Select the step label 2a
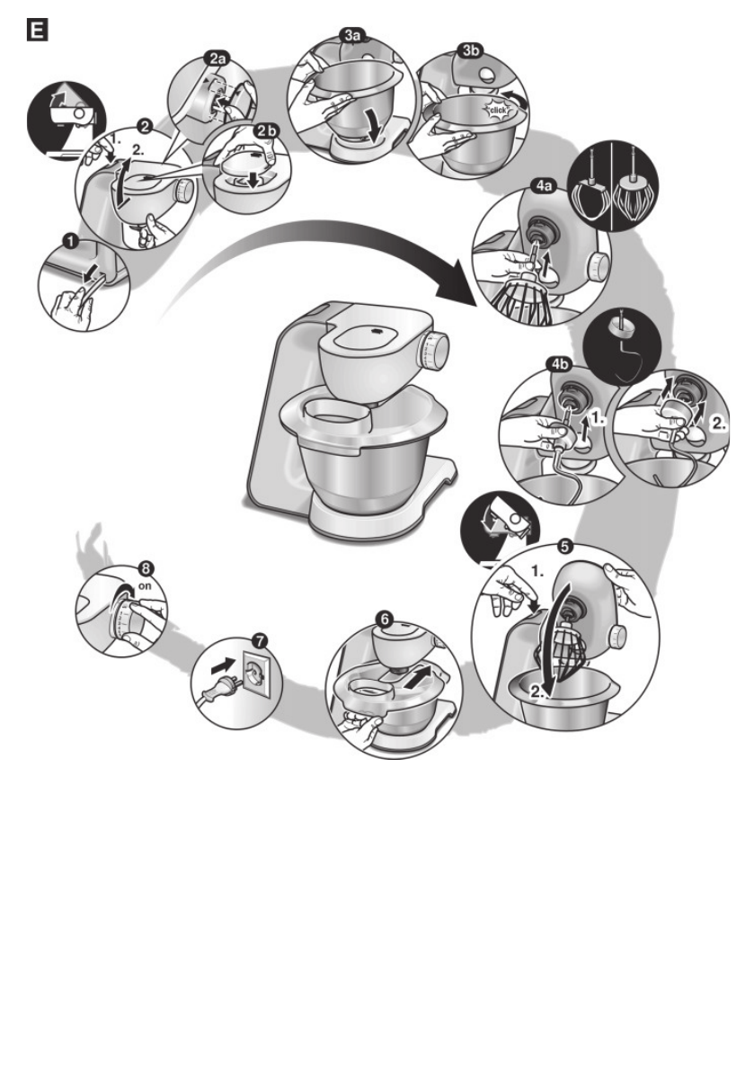point(218,59)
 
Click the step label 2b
point(266,131)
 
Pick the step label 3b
point(468,50)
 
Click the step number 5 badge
point(563,545)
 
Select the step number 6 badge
point(385,620)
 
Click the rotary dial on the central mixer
point(436,350)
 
